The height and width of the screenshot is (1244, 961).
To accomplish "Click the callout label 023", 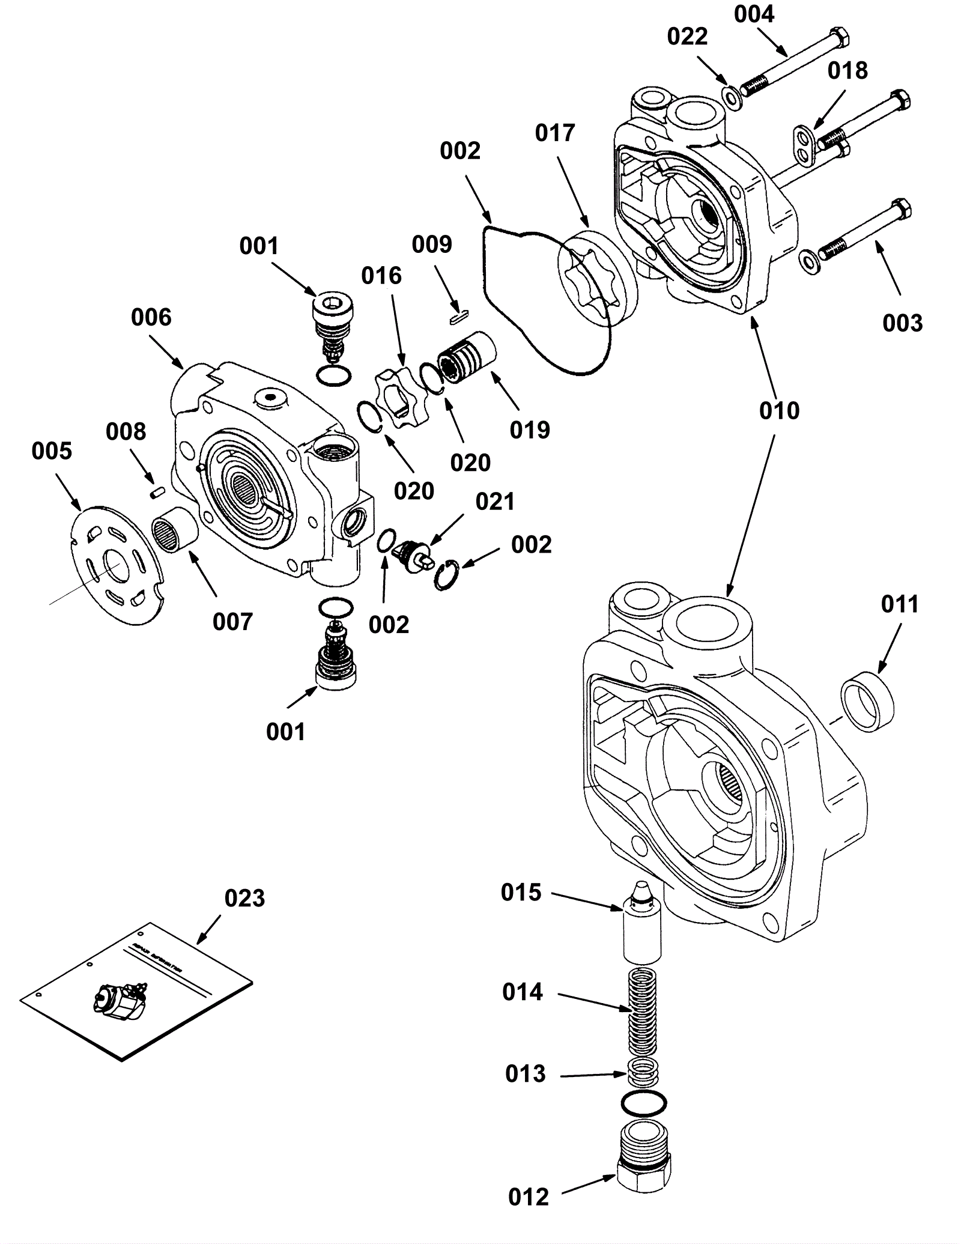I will [x=244, y=899].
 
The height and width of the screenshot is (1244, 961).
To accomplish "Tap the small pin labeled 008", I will [x=157, y=493].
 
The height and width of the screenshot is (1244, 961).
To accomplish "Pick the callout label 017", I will [x=555, y=133].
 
